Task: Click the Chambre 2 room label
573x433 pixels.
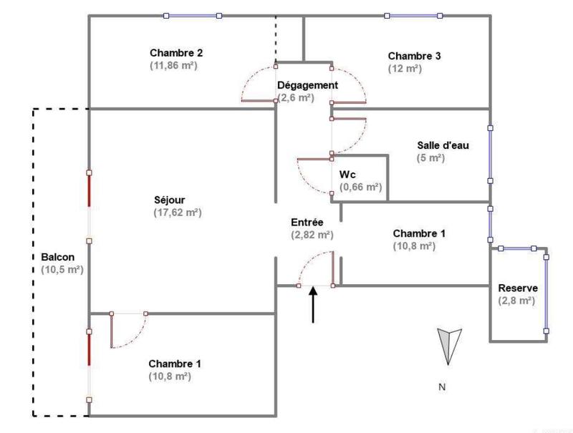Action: pos(176,53)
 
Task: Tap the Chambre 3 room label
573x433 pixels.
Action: pos(415,56)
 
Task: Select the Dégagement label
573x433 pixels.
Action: pos(307,85)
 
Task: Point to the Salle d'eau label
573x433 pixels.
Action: pos(443,145)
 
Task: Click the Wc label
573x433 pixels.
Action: pos(348,174)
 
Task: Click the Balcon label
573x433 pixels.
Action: pos(58,257)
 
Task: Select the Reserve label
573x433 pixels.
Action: pos(518,288)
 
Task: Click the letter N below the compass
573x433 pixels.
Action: pos(442,387)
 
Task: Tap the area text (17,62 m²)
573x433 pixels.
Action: pos(177,213)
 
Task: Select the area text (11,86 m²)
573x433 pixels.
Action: pos(173,65)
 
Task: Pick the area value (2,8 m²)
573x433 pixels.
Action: pos(516,301)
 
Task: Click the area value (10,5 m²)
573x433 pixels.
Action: pos(62,270)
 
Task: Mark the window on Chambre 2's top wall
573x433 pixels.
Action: pos(192,15)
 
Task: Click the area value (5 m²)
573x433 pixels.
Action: pos(430,158)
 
